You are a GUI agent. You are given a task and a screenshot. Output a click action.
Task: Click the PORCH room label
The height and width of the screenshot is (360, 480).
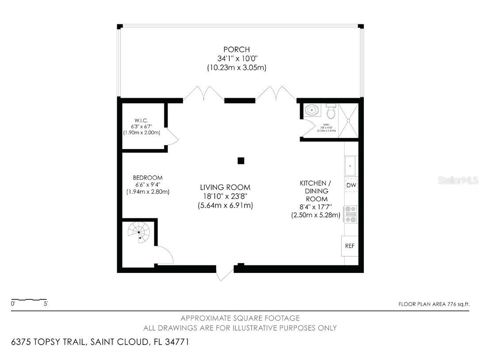click(x=236, y=50)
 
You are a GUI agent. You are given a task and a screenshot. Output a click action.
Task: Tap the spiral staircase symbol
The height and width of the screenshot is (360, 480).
click(x=139, y=232)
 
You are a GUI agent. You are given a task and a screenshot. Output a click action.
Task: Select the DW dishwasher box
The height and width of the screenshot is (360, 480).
click(x=351, y=185)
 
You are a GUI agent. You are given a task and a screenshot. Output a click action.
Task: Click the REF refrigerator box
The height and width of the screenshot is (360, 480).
click(x=350, y=246)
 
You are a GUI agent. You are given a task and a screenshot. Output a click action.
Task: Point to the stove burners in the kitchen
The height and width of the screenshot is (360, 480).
click(x=351, y=214)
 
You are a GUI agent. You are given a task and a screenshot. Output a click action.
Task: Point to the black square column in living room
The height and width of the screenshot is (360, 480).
click(x=241, y=161)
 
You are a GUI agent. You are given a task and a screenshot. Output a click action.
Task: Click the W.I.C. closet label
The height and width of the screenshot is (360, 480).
click(x=141, y=121)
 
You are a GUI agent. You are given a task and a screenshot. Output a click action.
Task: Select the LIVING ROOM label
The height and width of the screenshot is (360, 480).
click(x=225, y=187)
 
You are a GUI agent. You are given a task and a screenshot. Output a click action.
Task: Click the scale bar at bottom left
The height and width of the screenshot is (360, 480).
click(x=29, y=300)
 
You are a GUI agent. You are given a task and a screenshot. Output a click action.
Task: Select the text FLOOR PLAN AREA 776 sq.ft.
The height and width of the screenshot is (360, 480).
click(x=434, y=304)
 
